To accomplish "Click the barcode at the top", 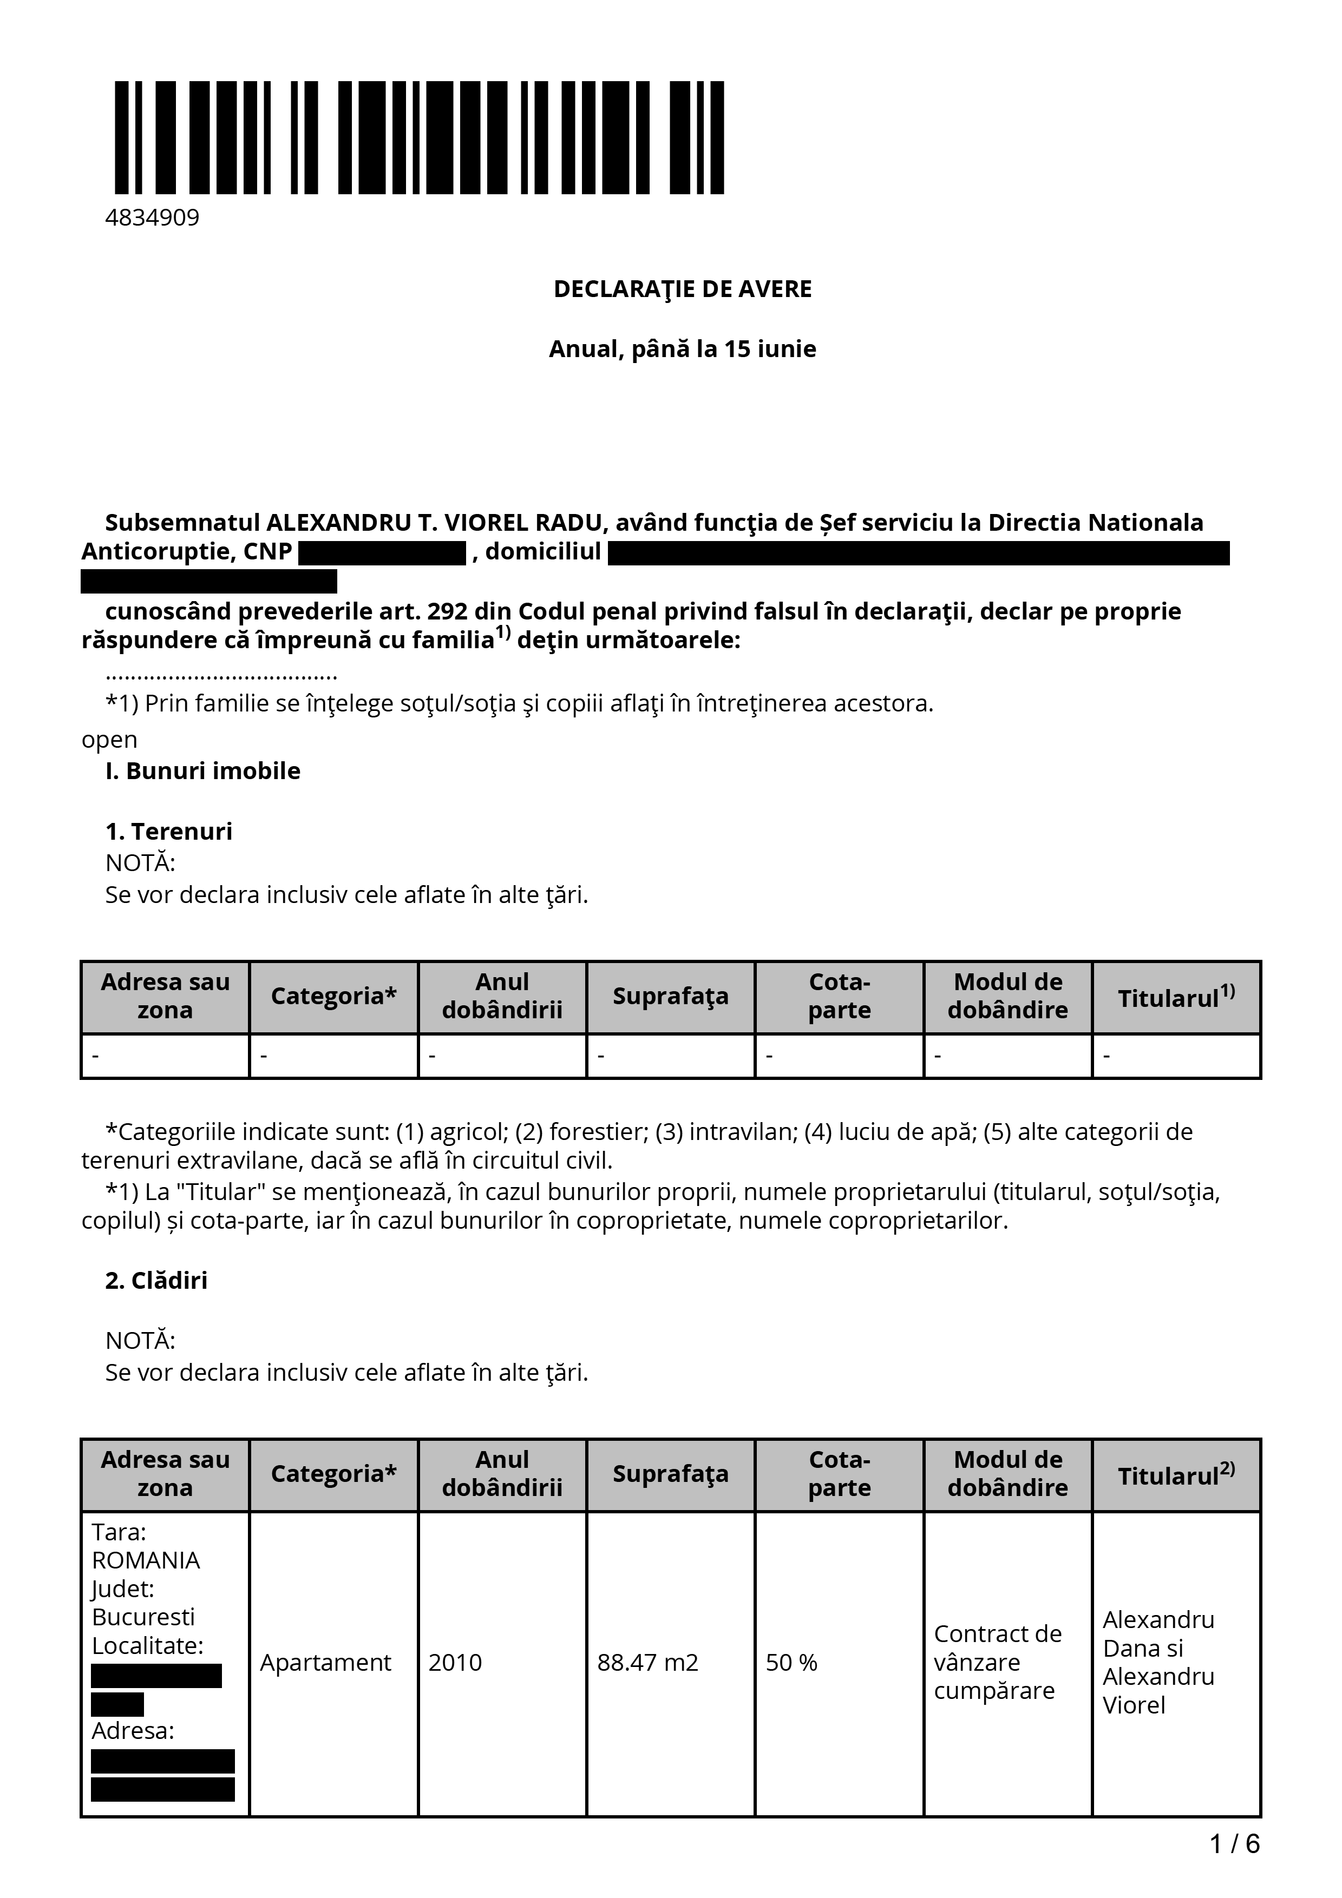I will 419,137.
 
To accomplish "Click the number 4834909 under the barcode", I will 152,218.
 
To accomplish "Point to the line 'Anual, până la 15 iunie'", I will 682,349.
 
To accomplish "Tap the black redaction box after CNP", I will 382,552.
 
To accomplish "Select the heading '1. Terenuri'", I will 169,831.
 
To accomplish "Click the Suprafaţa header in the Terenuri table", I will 671,996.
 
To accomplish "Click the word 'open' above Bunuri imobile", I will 109,739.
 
